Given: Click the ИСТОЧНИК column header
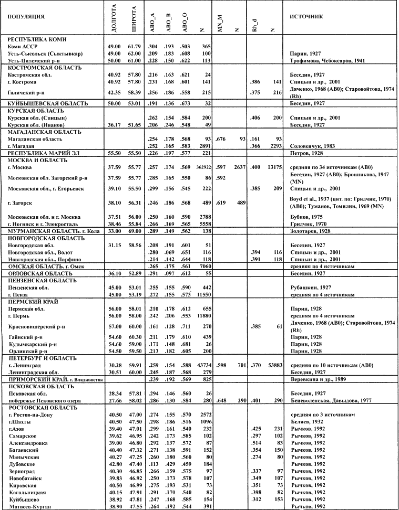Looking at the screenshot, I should pyautogui.click(x=302, y=16).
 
